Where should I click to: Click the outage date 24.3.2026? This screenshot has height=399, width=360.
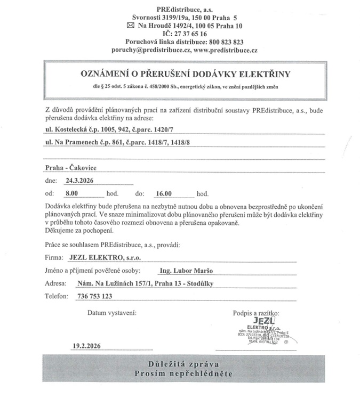point(79,181)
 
